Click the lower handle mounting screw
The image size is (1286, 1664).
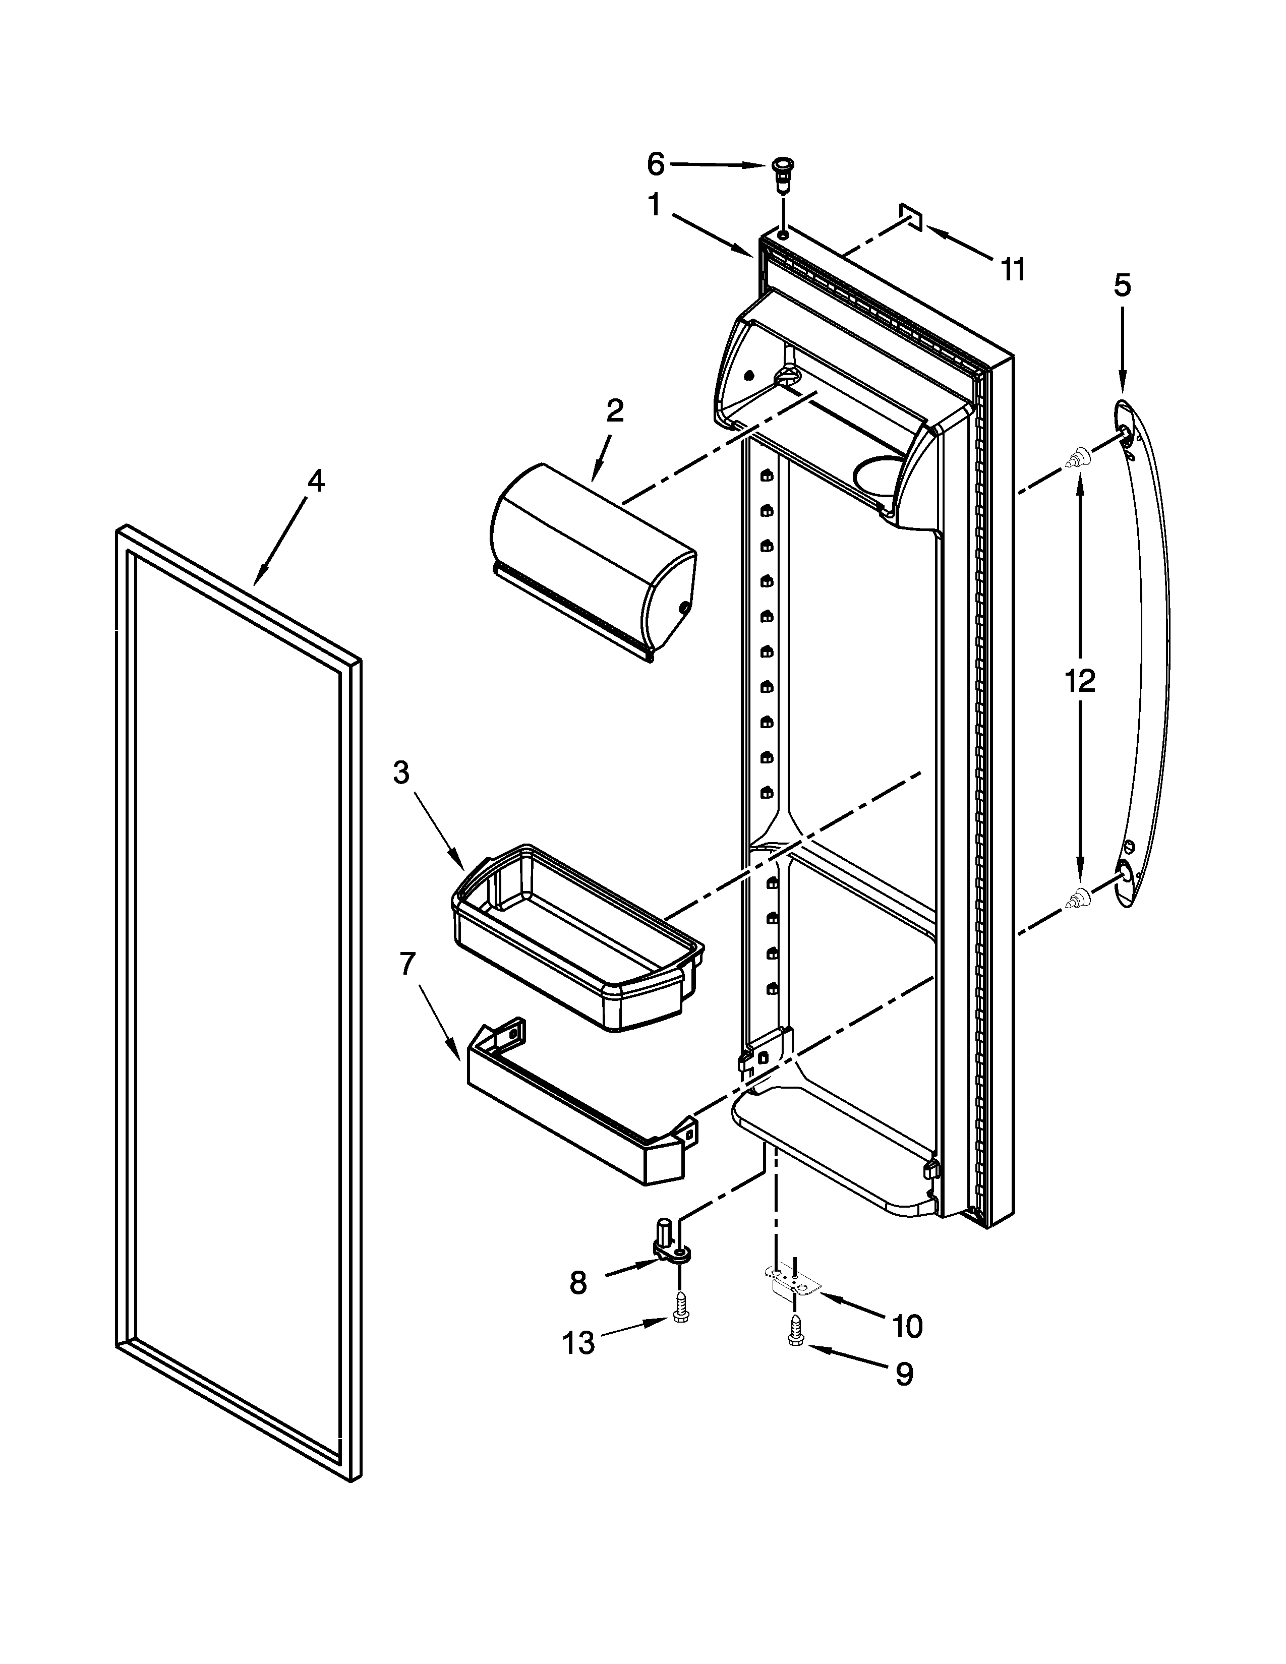1079,901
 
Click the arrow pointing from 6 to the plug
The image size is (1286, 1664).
716,164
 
